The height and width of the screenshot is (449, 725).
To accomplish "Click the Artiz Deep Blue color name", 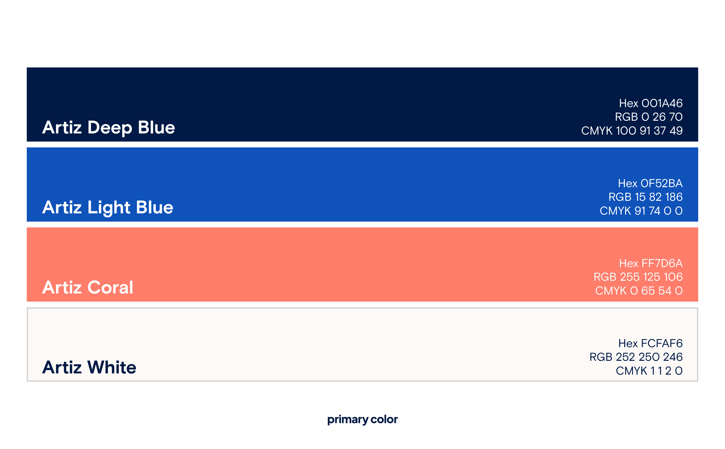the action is [x=109, y=128].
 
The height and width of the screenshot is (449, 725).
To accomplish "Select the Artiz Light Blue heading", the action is [x=108, y=208].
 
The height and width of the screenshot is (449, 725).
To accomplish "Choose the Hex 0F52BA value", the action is [x=650, y=183].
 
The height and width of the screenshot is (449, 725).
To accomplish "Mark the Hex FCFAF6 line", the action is [x=650, y=343].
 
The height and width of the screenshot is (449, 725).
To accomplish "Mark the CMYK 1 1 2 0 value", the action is [x=649, y=371].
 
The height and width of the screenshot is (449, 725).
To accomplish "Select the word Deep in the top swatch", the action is [x=110, y=128].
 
